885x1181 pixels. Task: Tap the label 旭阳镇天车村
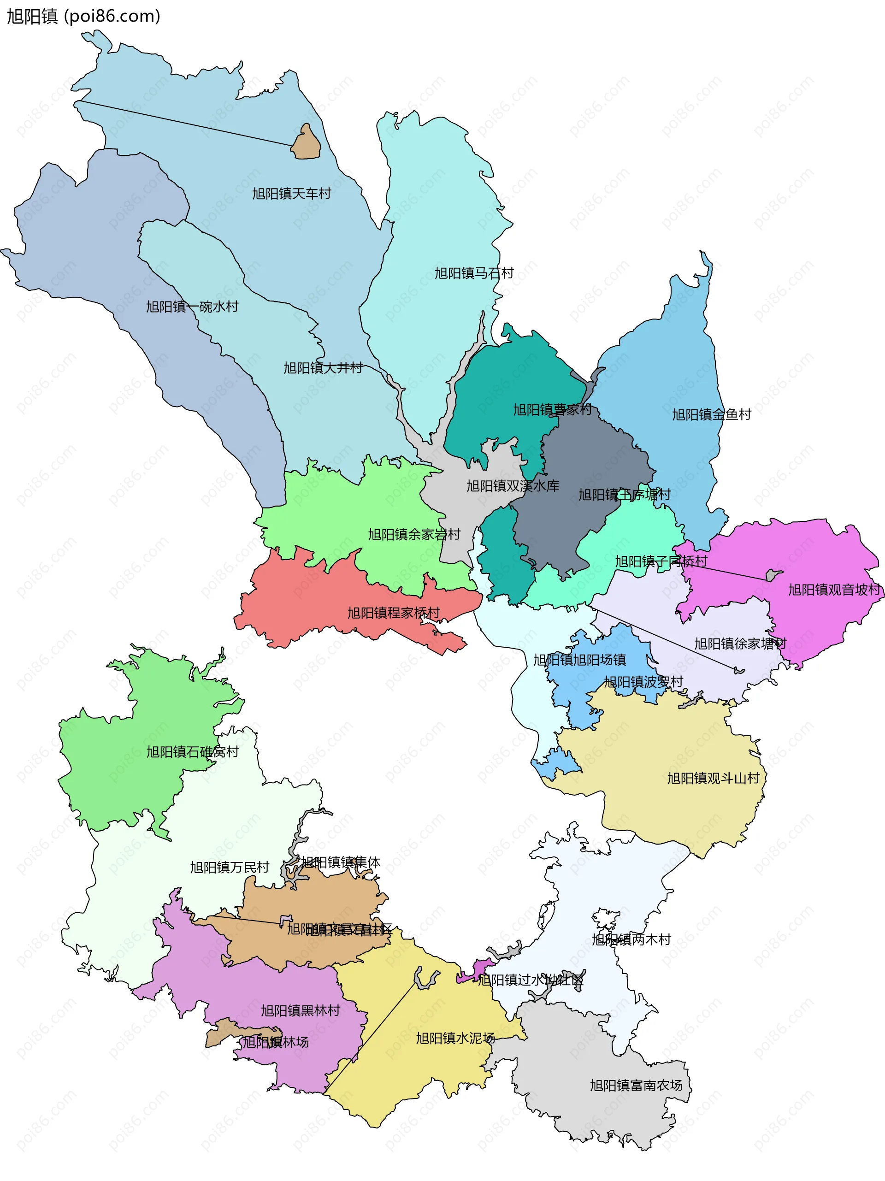pos(291,194)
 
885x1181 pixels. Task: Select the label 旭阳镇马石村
pos(473,273)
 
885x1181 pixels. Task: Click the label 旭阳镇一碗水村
pos(192,307)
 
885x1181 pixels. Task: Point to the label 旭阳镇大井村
pos(323,368)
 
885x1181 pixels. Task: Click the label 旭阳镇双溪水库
pos(513,486)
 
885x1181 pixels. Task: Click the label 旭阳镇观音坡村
pos(834,590)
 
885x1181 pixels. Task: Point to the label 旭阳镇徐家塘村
pos(740,644)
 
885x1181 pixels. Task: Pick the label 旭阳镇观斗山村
pos(713,779)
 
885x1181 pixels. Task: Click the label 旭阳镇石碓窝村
pos(193,752)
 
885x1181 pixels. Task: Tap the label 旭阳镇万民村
pos(230,868)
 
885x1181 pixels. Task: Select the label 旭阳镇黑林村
pos(300,1011)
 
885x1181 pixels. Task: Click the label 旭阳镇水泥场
pos(455,1038)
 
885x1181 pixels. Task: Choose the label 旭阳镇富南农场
pos(636,1086)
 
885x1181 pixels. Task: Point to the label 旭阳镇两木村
pos(631,939)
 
